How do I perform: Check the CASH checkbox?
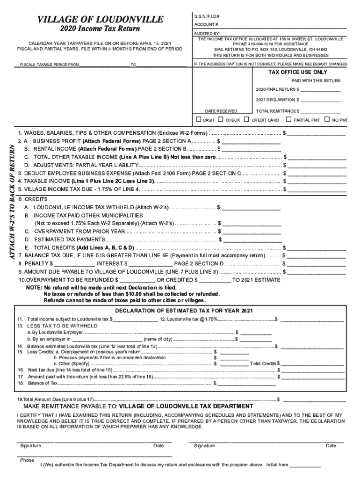coord(199,119)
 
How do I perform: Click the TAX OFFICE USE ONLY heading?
coord(297,73)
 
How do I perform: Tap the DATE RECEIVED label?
coord(221,111)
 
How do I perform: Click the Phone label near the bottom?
coord(27,460)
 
